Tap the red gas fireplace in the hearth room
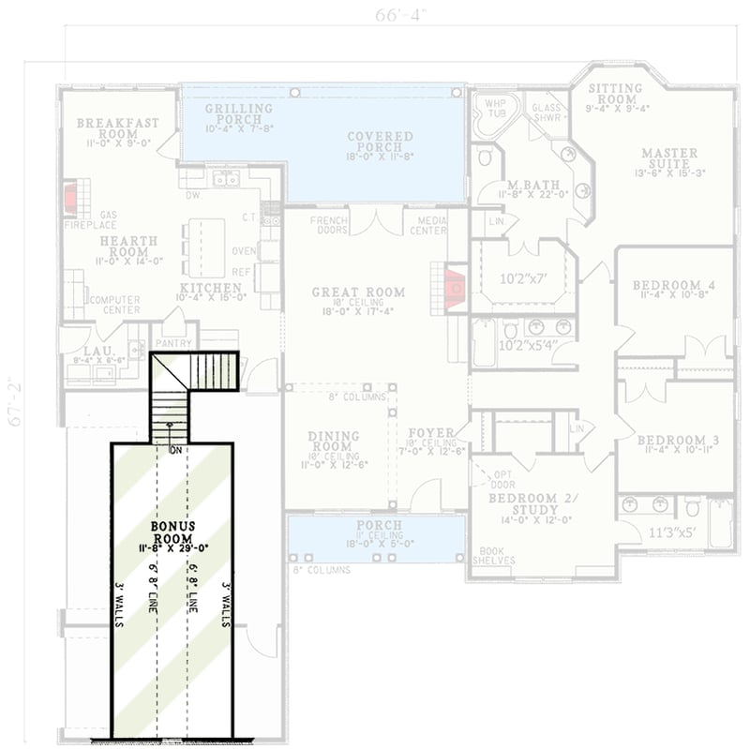(69, 199)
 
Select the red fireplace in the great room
(454, 288)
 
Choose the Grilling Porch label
(238, 113)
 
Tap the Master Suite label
(669, 158)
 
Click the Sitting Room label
(615, 94)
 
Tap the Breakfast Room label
(117, 128)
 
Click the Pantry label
(173, 343)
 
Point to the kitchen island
(205, 247)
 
